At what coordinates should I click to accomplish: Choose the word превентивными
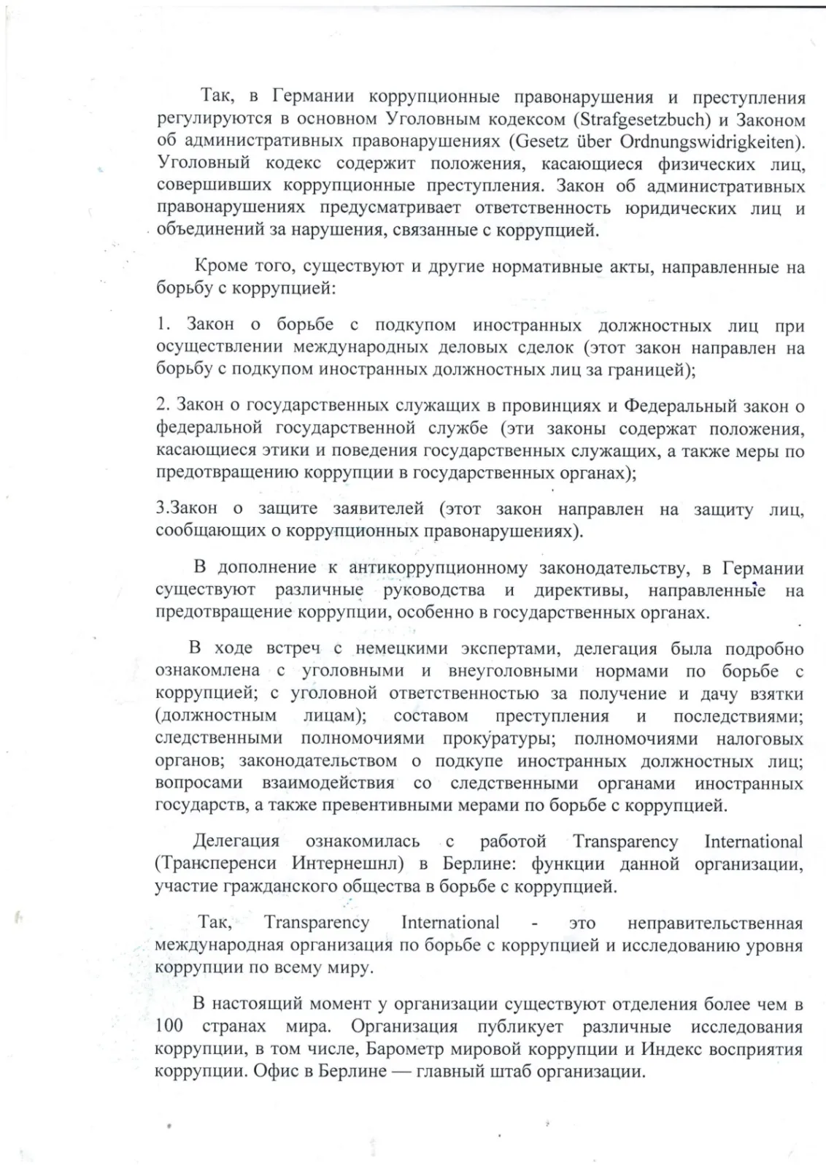click(x=424, y=806)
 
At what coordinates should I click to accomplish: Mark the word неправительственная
click(x=715, y=923)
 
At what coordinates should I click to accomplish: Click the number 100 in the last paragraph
click(x=169, y=1026)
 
